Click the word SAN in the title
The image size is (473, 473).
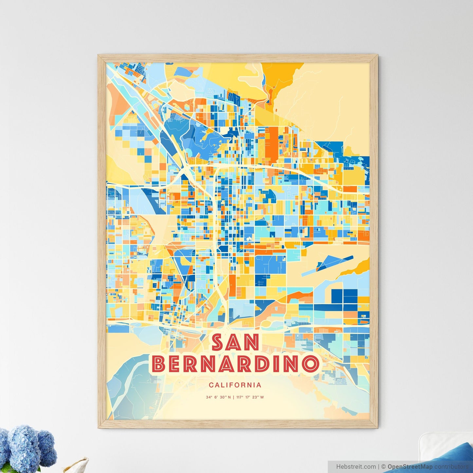tap(235, 343)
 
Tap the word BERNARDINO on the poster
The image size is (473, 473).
tap(235, 364)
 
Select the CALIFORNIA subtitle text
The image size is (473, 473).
tap(235, 385)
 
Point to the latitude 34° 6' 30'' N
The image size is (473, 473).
tap(218, 397)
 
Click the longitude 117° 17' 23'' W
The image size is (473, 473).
tap(250, 397)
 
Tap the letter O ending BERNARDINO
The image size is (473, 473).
tap(310, 364)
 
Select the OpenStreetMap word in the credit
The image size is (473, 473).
tap(410, 466)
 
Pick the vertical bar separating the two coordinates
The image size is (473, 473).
tap(233, 397)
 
